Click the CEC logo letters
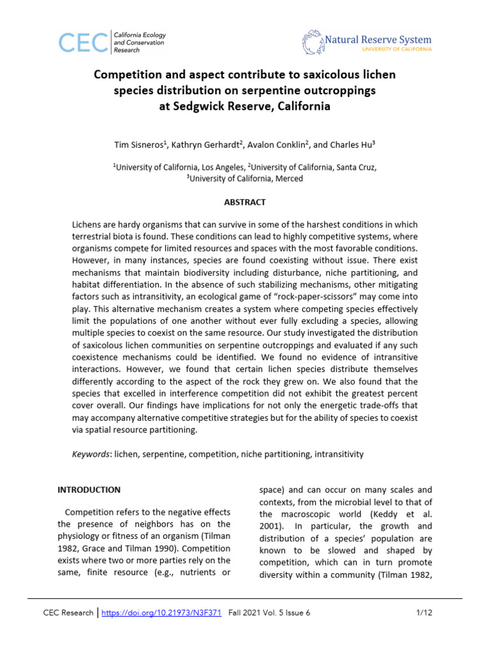coord(83,42)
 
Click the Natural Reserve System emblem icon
coord(313,42)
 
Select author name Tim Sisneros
coord(141,145)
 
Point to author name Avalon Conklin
coord(278,145)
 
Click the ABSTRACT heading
coord(244,202)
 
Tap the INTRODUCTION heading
coord(89,490)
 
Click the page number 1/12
coord(424,613)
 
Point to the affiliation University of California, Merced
coord(245,179)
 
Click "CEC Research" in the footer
coord(68,613)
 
